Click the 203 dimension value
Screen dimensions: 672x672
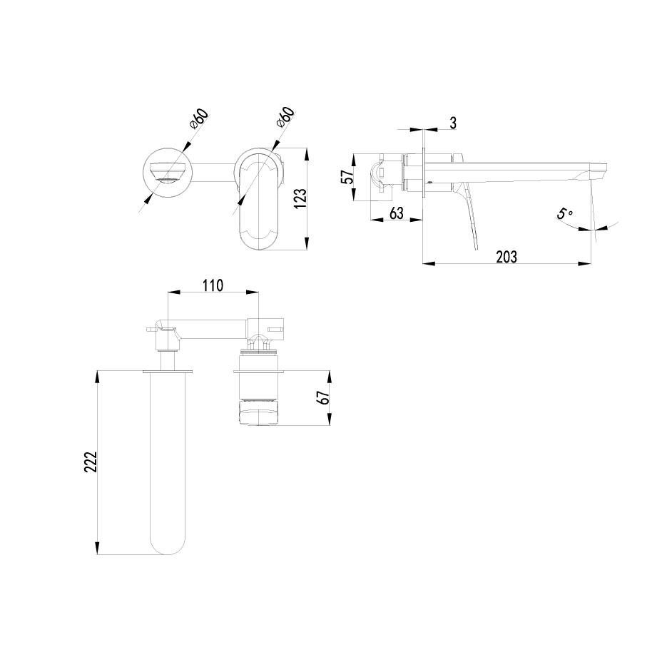coord(506,256)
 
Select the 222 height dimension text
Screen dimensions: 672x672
coord(91,462)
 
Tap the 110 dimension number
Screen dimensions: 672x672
coord(213,285)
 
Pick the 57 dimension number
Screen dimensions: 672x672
coord(348,177)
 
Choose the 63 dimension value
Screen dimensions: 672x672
coord(397,213)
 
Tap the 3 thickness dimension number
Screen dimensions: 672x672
coord(452,123)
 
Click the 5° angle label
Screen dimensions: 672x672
coord(565,214)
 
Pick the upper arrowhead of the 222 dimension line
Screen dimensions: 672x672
coord(98,375)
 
